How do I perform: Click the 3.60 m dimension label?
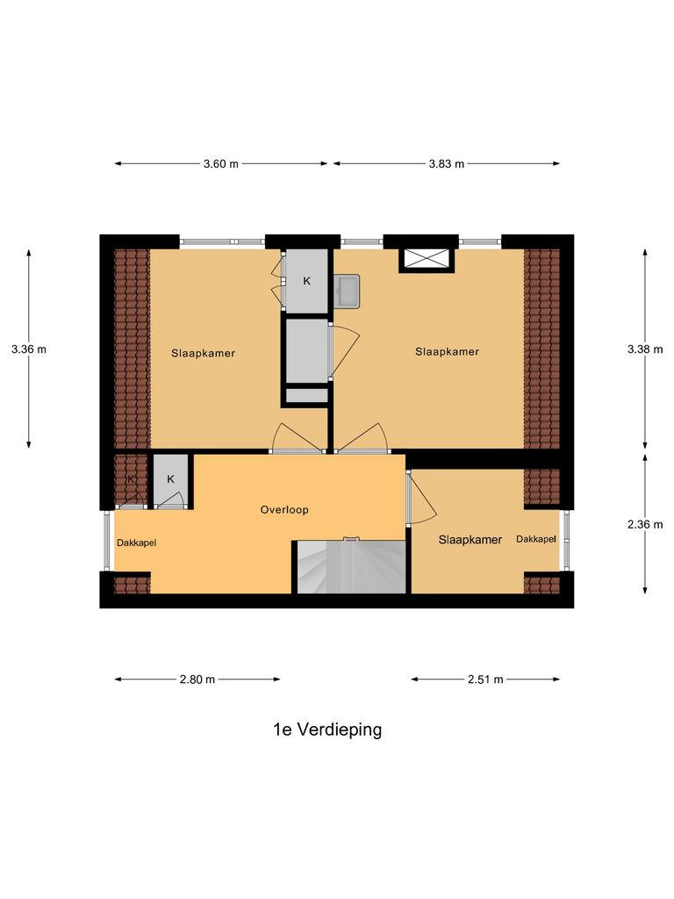(221, 164)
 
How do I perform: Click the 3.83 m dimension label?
(446, 164)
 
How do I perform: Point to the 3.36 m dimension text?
(29, 349)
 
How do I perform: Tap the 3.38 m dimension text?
(645, 349)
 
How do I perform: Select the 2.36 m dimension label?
(645, 524)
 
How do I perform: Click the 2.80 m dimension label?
(197, 679)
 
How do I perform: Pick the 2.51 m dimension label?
(485, 679)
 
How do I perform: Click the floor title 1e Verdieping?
(327, 730)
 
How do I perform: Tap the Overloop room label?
(284, 509)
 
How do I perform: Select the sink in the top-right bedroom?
(348, 291)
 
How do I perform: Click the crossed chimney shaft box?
(427, 259)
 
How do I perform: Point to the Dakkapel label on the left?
(136, 543)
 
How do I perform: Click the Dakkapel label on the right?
(536, 539)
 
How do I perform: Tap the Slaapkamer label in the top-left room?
(203, 353)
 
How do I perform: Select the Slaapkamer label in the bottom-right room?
(470, 540)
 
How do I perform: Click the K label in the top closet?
(306, 281)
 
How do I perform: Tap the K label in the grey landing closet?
(171, 479)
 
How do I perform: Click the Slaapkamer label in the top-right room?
(448, 352)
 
